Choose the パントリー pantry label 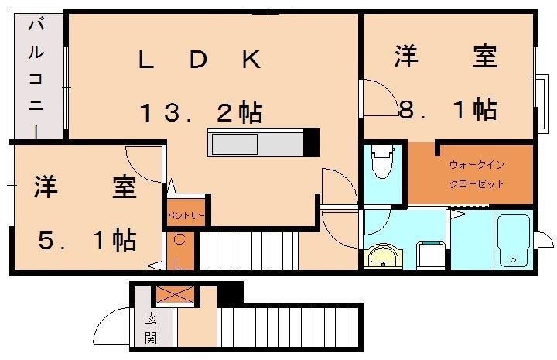(x=186, y=214)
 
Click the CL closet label (x=179, y=252)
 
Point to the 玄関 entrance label (x=150, y=327)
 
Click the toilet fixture (x=382, y=163)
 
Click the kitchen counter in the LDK (x=256, y=144)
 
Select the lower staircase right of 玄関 (x=289, y=326)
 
